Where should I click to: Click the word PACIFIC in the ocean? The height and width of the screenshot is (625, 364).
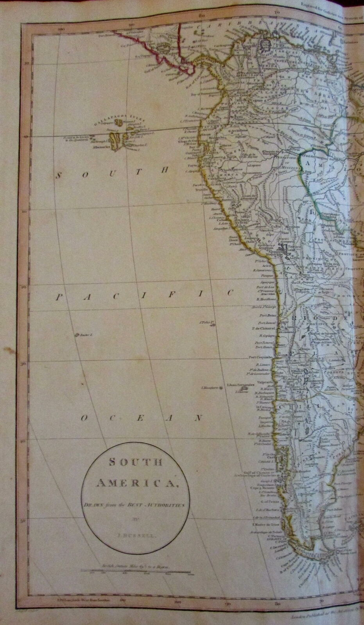[x=145, y=297]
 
